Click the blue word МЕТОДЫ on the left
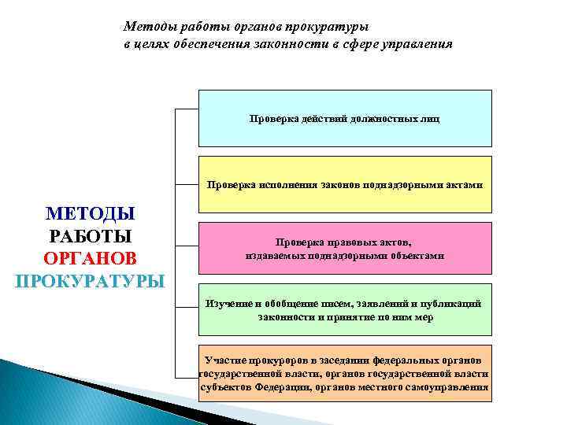[x=91, y=213]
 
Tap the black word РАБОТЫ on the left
[x=91, y=236]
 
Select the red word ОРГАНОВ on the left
[x=91, y=259]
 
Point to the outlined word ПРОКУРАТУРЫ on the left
[x=91, y=281]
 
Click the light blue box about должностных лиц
[x=344, y=118]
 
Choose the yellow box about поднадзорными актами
[x=344, y=185]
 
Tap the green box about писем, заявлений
[x=344, y=309]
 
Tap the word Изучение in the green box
[x=228, y=304]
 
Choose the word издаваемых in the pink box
[x=272, y=256]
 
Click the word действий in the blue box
[x=314, y=119]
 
